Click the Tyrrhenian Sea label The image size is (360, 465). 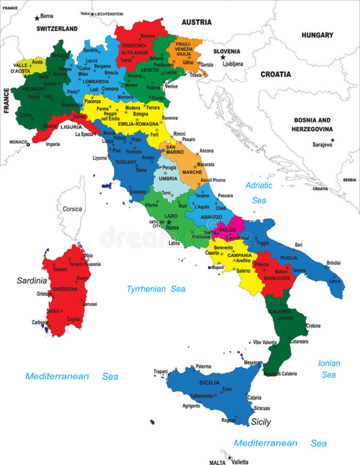[x=156, y=289]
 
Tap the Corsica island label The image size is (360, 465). [x=72, y=209]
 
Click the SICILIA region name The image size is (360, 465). [x=209, y=381]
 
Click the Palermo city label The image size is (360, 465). [x=203, y=367]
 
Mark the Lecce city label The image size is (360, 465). [x=335, y=281]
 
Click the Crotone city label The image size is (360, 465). [x=313, y=326]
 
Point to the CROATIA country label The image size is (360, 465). [x=276, y=74]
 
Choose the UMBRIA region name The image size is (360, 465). [x=167, y=179]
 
